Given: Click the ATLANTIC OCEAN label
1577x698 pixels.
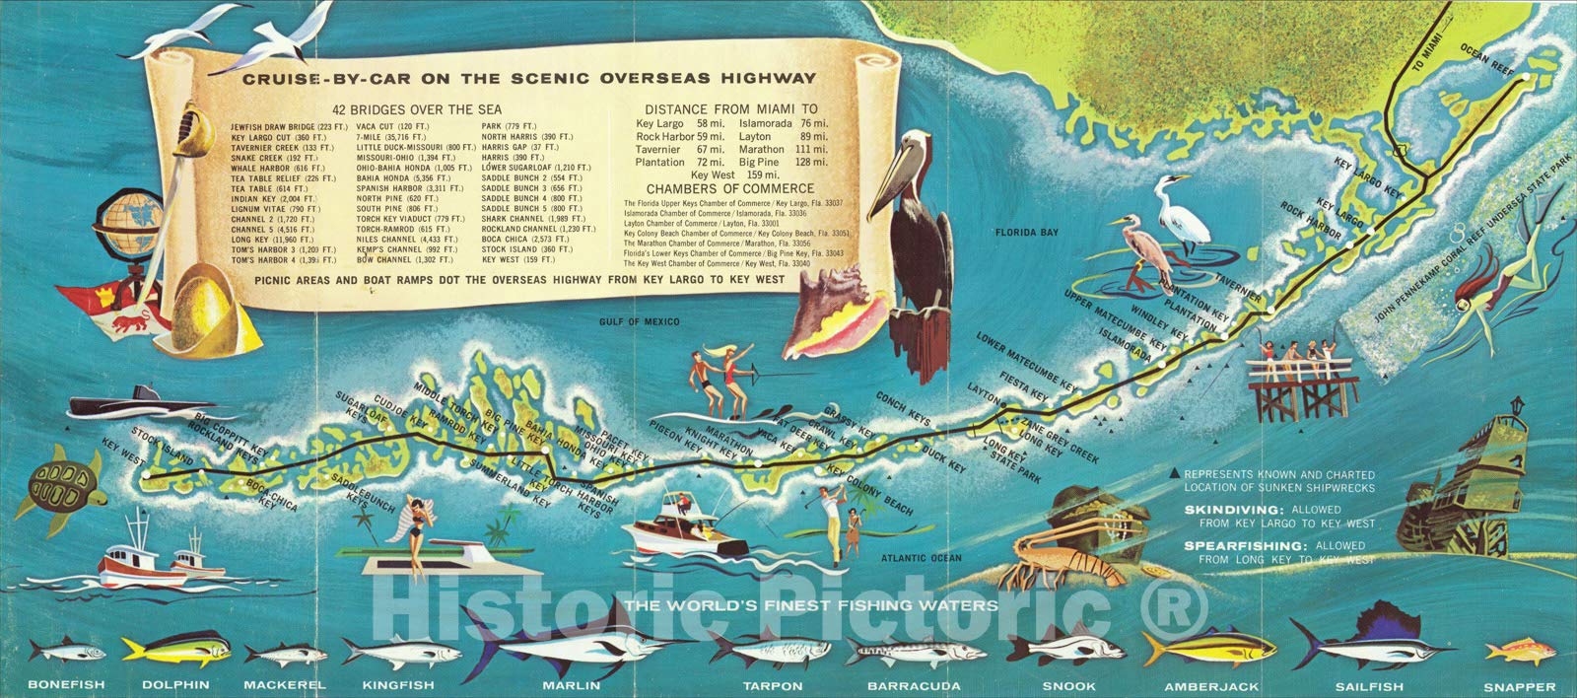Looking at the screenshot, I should coord(922,558).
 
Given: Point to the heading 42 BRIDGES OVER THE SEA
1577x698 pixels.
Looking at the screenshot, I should coord(417,108).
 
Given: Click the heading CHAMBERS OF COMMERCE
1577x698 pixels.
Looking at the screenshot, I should coord(730,188).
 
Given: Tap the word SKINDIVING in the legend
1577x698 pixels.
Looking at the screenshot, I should coord(1225,510).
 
